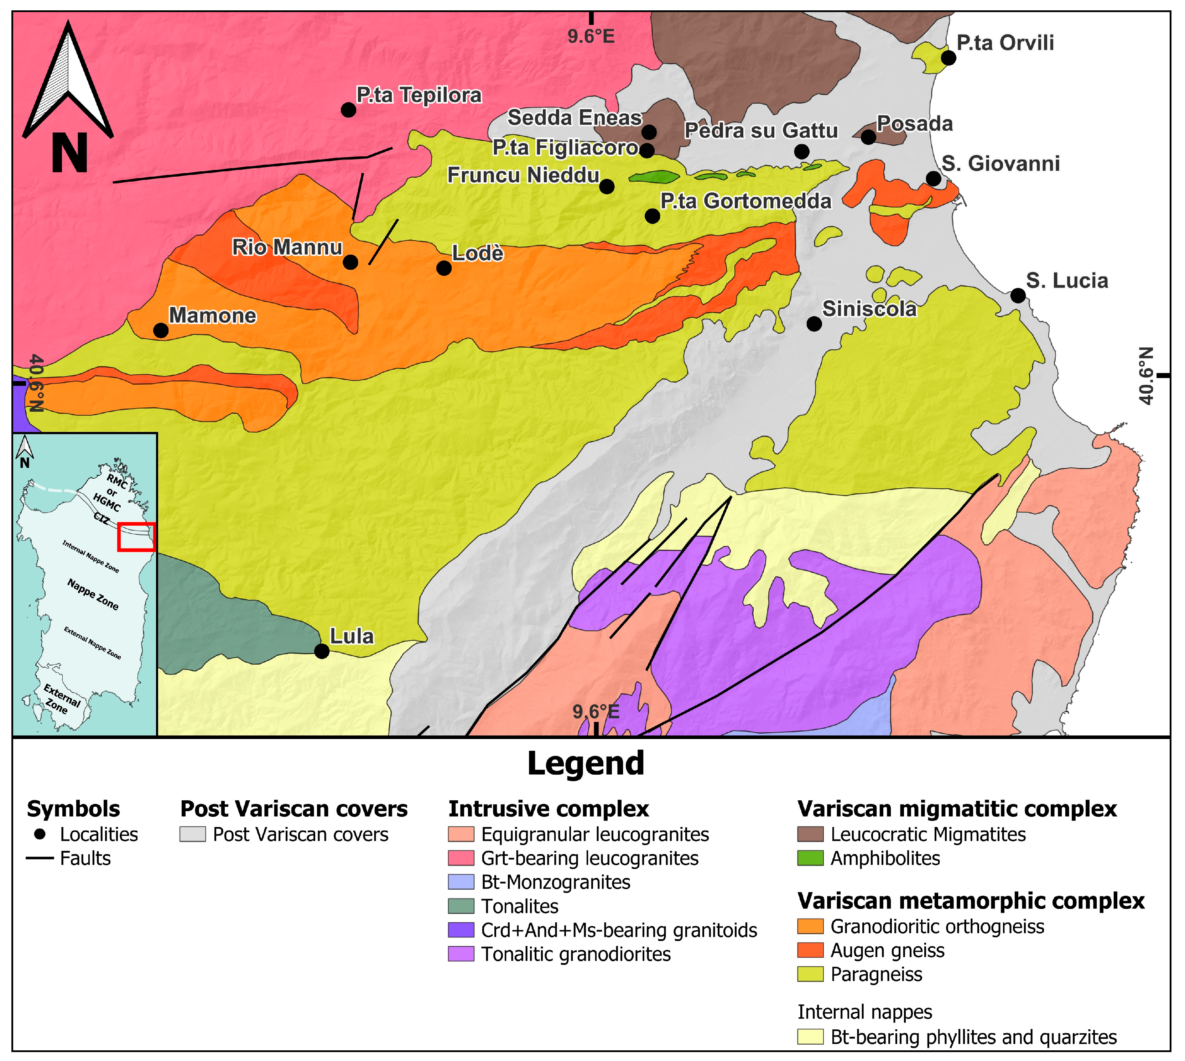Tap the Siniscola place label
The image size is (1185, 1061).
point(868,309)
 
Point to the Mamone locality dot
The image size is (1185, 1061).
point(161,331)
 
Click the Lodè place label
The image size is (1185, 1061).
point(477,253)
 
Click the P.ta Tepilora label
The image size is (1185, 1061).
point(419,95)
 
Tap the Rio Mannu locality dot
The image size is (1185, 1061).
point(350,262)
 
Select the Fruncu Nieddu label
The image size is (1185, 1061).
point(523,175)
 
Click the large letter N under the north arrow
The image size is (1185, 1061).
point(69,153)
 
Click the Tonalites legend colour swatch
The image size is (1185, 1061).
point(461,906)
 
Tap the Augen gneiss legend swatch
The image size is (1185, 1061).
point(810,951)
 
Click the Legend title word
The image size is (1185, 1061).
point(586,764)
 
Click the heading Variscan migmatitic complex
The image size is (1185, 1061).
point(956,809)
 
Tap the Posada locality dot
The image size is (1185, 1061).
point(868,137)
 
